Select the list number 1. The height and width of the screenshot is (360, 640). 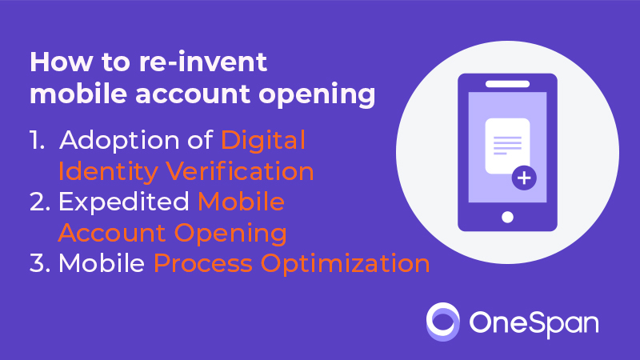37,140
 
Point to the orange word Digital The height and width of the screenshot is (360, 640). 263,140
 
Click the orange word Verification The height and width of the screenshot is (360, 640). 239,170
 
